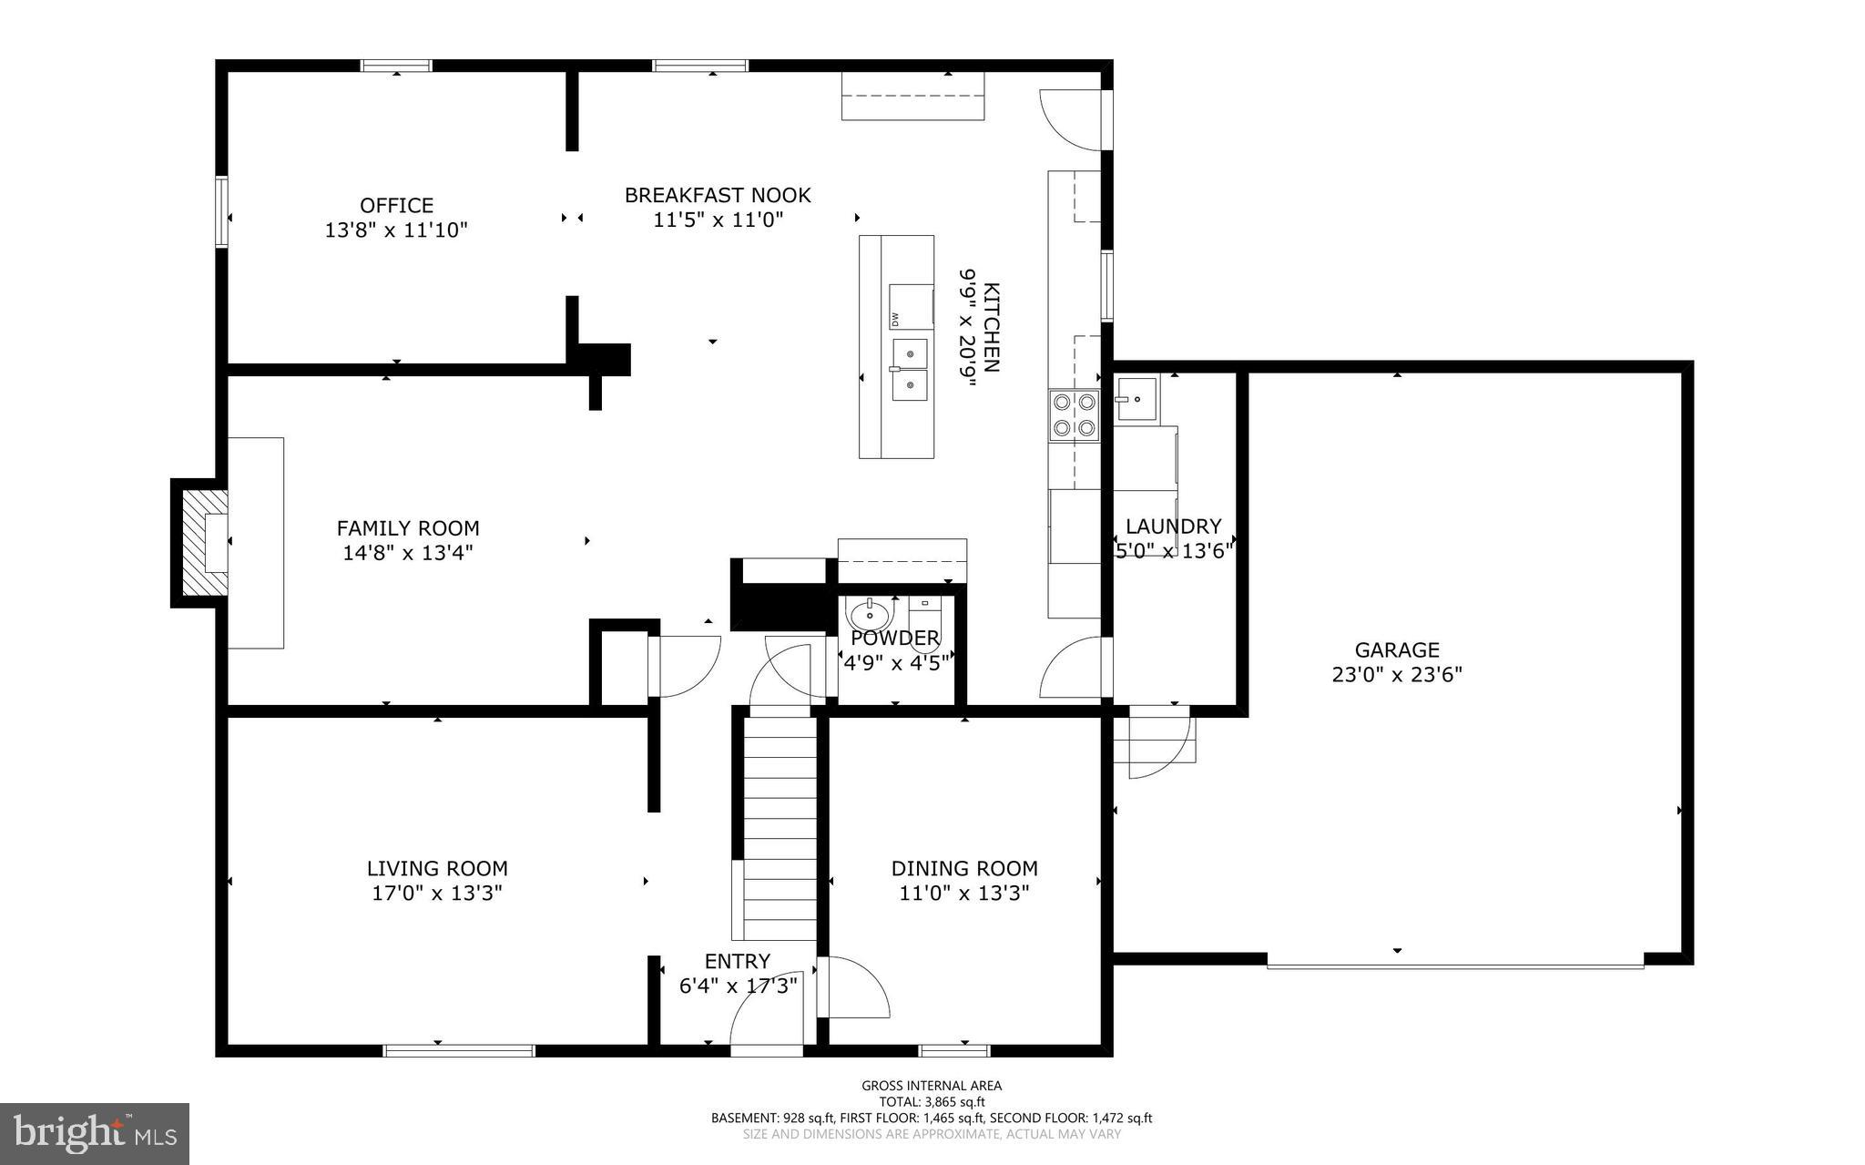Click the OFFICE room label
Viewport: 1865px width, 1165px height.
396,206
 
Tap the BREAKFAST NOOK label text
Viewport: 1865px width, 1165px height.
718,195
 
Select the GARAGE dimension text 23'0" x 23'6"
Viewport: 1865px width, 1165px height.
1397,675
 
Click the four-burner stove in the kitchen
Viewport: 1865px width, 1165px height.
1074,415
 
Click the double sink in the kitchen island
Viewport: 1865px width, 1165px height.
910,370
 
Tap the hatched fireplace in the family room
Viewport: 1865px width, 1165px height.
205,542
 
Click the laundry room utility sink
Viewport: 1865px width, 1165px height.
1136,400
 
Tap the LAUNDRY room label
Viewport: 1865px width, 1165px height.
1173,526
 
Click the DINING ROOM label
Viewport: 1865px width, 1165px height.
964,869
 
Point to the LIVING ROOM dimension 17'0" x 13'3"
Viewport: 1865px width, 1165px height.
437,894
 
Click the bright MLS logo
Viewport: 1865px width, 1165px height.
95,1133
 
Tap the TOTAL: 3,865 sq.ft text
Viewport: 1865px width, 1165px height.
932,1101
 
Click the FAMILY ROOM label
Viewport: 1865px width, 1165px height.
408,528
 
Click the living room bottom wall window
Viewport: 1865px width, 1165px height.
459,1050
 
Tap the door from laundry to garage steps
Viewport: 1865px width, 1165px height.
1160,742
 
